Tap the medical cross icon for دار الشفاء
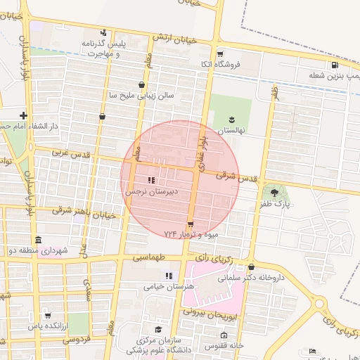(24, 115)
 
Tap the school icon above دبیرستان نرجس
(151, 181)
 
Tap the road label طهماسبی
(157, 259)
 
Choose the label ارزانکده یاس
(48, 326)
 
